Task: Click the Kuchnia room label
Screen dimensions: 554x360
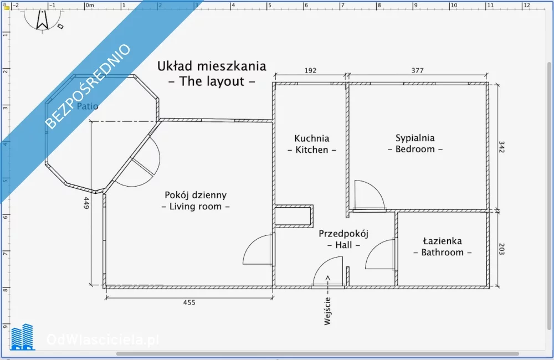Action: pyautogui.click(x=311, y=138)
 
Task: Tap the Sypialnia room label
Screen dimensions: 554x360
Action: pyautogui.click(x=415, y=138)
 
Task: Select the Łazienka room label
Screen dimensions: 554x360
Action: pyautogui.click(x=442, y=241)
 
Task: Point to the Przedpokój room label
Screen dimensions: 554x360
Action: pyautogui.click(x=343, y=234)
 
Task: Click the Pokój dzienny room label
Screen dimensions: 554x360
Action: pyautogui.click(x=196, y=195)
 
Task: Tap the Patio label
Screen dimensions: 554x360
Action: pyautogui.click(x=88, y=106)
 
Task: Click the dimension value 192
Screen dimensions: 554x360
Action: pyautogui.click(x=310, y=71)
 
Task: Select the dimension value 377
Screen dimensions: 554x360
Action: pyautogui.click(x=417, y=71)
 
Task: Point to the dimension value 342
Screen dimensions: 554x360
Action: pyautogui.click(x=501, y=147)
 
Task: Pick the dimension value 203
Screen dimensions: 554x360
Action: pyautogui.click(x=501, y=249)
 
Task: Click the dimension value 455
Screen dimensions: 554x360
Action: pyautogui.click(x=189, y=302)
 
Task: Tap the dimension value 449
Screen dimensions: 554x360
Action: pyautogui.click(x=86, y=203)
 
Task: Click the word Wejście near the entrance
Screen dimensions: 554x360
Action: pyautogui.click(x=327, y=311)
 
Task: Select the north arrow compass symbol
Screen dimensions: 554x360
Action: pyautogui.click(x=43, y=20)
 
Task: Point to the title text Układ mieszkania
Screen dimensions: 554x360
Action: pyautogui.click(x=212, y=66)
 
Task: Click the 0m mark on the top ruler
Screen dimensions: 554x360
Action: pyautogui.click(x=90, y=6)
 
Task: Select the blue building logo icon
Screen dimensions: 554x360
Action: pyautogui.click(x=22, y=337)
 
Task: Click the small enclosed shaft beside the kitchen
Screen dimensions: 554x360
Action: pyautogui.click(x=294, y=216)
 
